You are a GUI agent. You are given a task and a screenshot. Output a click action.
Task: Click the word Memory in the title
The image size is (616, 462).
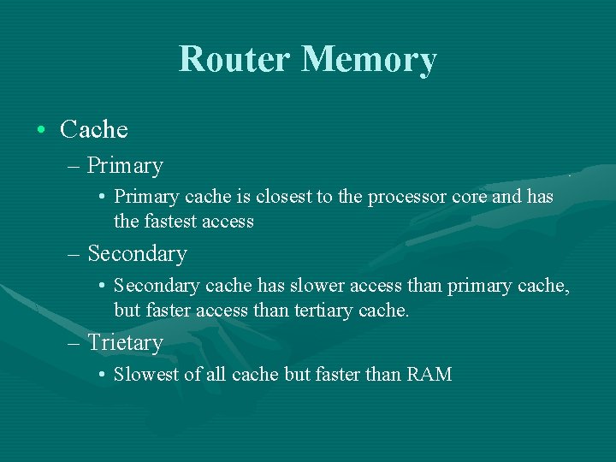click(x=370, y=59)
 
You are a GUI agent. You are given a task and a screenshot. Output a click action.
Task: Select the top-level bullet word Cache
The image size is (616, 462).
click(x=94, y=130)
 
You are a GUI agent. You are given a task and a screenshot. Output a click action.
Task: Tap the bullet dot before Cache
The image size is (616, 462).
click(x=41, y=131)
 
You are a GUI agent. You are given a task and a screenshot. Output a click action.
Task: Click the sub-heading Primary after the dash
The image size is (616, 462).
click(x=125, y=165)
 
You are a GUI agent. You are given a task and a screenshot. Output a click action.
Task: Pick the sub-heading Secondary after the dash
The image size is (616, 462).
click(x=137, y=254)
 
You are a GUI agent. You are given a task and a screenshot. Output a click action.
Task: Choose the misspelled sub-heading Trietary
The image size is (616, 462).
click(x=125, y=343)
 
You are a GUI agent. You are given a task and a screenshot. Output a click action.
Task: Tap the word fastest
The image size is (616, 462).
click(x=172, y=222)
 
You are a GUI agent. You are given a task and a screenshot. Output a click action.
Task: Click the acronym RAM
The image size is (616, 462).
click(x=429, y=374)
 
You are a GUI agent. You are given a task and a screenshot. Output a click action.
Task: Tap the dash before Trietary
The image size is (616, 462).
click(x=72, y=344)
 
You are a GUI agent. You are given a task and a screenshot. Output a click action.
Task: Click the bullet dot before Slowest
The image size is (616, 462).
click(x=102, y=375)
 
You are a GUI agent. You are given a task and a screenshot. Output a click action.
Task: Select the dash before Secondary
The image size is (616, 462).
click(x=72, y=255)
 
